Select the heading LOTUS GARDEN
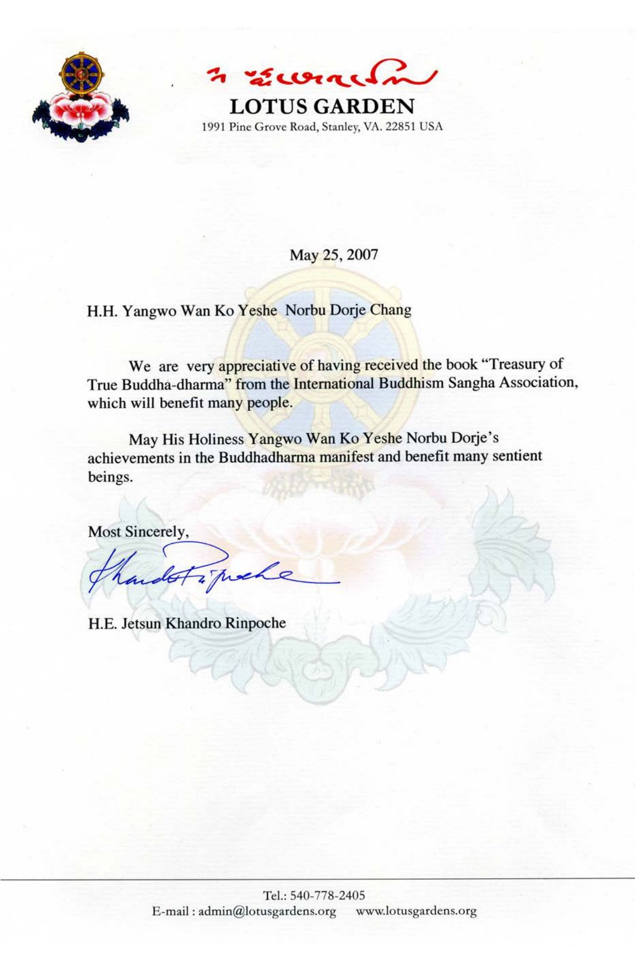(x=322, y=106)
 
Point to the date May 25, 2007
(x=334, y=254)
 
